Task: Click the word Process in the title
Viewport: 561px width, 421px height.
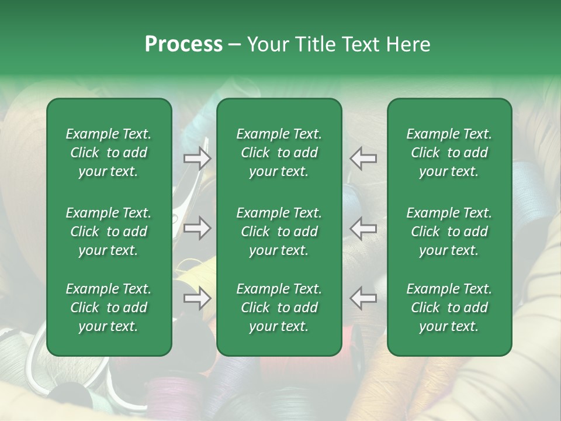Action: pyautogui.click(x=183, y=44)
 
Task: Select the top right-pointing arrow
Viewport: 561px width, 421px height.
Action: pyautogui.click(x=197, y=158)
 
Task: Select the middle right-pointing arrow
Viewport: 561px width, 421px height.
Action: pyautogui.click(x=197, y=229)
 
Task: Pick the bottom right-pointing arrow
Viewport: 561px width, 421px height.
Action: pyautogui.click(x=197, y=299)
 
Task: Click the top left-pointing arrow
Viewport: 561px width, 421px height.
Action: pyautogui.click(x=363, y=158)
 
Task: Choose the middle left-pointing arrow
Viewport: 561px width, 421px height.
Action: pyautogui.click(x=363, y=229)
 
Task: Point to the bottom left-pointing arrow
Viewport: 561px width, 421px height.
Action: pyautogui.click(x=363, y=299)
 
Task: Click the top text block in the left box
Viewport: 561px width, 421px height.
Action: pyautogui.click(x=109, y=153)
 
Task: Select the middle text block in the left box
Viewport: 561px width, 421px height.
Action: pyautogui.click(x=109, y=232)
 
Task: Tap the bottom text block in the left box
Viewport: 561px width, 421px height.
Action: pyautogui.click(x=109, y=308)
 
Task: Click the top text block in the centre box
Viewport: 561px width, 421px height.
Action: pyautogui.click(x=279, y=153)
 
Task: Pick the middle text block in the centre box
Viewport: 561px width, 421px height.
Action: pyautogui.click(x=279, y=232)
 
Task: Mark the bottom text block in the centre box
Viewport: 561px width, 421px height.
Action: pyautogui.click(x=279, y=308)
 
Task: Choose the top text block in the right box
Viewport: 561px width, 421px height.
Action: pyautogui.click(x=449, y=153)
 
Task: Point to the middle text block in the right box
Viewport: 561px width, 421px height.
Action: pyautogui.click(x=449, y=232)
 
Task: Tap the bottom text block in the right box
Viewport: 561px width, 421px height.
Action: pyautogui.click(x=449, y=308)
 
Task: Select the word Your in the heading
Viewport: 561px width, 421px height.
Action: pyautogui.click(x=266, y=44)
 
